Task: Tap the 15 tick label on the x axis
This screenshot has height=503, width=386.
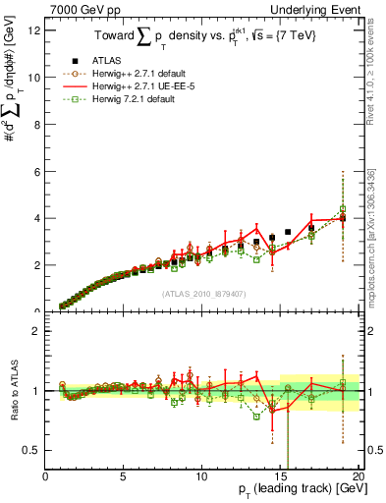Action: (280, 476)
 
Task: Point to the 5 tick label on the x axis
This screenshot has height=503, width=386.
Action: (124, 476)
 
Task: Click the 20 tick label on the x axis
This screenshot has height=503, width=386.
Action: (358, 476)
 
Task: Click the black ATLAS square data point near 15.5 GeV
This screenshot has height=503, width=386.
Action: (288, 233)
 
